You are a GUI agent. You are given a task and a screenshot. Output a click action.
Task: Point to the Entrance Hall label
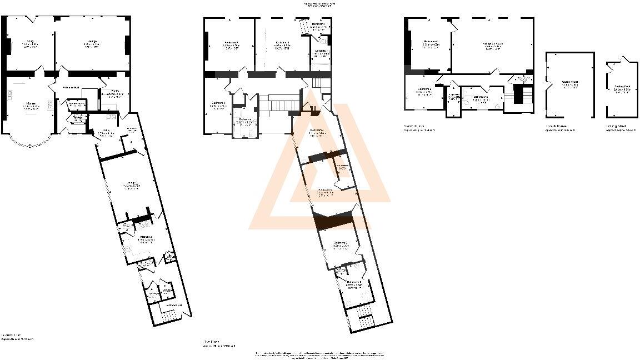click(72, 88)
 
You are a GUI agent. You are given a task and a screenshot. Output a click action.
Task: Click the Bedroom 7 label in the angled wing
click(341, 243)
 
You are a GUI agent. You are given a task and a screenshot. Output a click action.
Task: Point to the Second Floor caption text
click(414, 127)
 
